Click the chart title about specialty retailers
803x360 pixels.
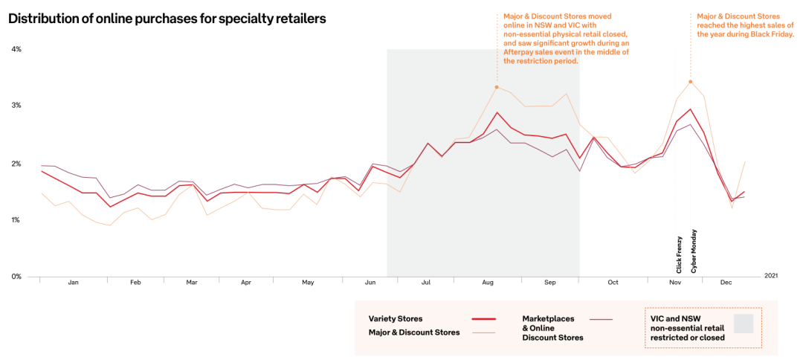[x=167, y=19]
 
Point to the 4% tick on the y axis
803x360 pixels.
[x=16, y=49]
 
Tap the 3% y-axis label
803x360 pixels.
[x=16, y=106]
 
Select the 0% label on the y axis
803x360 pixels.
[x=16, y=277]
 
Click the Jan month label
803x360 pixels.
[x=73, y=283]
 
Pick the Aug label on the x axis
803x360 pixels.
[x=488, y=283]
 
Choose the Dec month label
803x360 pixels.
[x=726, y=283]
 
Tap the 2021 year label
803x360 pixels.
[x=771, y=276]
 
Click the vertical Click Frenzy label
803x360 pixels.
[x=679, y=255]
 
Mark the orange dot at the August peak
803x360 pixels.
[x=497, y=87]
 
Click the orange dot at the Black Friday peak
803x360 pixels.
[x=691, y=82]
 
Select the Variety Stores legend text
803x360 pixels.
[x=396, y=319]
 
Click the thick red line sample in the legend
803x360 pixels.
[x=484, y=319]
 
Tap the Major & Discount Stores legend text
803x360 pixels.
[x=414, y=332]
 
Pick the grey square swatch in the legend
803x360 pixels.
[x=744, y=323]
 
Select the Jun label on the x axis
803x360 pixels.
[x=370, y=283]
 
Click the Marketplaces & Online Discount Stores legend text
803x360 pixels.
[x=552, y=328]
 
